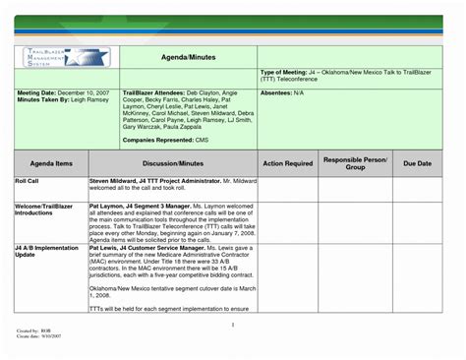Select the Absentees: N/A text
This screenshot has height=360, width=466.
pyautogui.click(x=282, y=92)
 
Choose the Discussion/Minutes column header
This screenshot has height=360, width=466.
pyautogui.click(x=172, y=163)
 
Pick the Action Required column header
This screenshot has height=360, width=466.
pyautogui.click(x=287, y=163)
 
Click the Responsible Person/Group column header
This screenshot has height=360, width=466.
pyautogui.click(x=355, y=163)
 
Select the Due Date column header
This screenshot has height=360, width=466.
pyautogui.click(x=418, y=163)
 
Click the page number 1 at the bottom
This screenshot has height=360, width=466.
pyautogui.click(x=233, y=324)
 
